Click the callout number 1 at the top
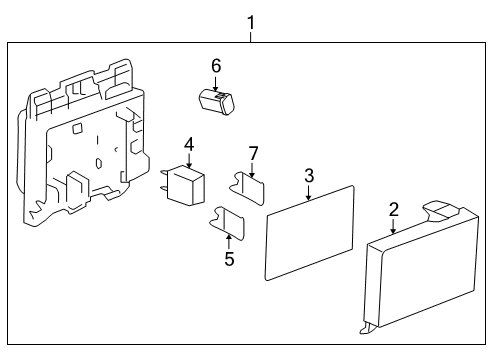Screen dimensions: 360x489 point(250,20)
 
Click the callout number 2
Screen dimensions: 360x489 point(394,209)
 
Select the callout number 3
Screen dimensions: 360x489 point(309,176)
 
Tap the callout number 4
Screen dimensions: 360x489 point(188,144)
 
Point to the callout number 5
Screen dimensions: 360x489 point(228,258)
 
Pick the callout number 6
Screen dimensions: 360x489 point(215,65)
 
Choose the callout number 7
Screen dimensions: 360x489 point(253,152)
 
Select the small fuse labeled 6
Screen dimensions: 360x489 point(216,99)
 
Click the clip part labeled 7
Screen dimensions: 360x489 point(250,188)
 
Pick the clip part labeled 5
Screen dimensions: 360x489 point(227,222)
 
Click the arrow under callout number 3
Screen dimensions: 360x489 point(309,193)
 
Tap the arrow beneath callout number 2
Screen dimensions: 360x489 point(394,226)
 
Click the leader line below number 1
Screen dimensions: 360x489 point(250,36)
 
